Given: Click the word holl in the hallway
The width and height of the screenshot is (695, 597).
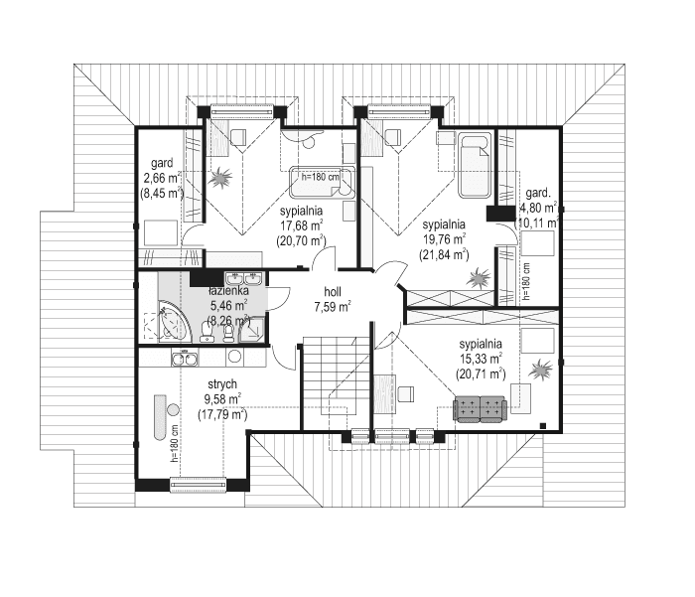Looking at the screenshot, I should click(333, 292).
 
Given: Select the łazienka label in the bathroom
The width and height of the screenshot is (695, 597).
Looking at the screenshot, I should click(227, 290).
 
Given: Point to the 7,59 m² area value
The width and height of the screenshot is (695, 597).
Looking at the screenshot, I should click(332, 307).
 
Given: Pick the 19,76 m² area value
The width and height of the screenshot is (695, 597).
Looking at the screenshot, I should click(444, 238).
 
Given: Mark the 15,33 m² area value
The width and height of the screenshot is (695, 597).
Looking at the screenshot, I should click(481, 359).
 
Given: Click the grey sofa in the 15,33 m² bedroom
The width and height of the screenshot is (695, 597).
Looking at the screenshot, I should click(481, 408).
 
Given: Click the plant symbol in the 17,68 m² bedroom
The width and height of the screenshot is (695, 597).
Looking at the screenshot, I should click(220, 179).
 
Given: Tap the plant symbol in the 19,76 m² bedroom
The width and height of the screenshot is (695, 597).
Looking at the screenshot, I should click(480, 277).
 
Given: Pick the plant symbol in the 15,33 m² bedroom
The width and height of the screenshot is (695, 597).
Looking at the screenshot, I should click(541, 371).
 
